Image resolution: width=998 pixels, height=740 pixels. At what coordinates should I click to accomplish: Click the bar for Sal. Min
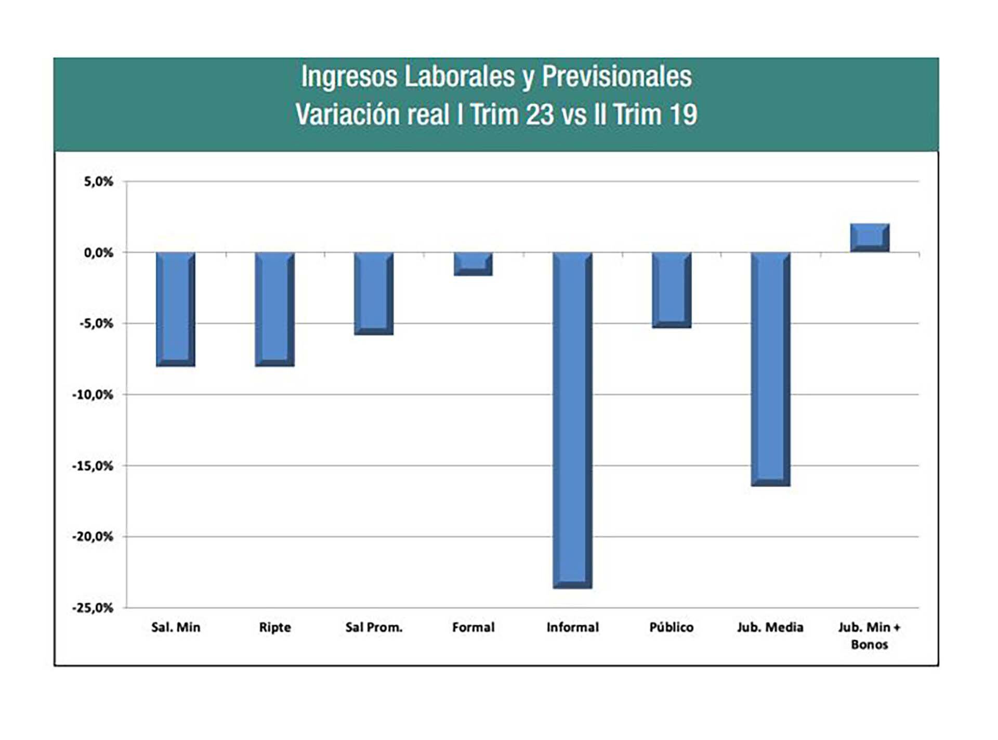click(x=176, y=309)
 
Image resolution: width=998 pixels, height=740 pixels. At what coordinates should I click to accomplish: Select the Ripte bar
click(x=275, y=309)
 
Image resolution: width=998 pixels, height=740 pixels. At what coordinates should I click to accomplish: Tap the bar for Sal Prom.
click(x=374, y=293)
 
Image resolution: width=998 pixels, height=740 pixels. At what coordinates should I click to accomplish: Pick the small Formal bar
click(x=473, y=264)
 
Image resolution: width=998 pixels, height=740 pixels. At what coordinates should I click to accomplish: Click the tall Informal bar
click(x=572, y=420)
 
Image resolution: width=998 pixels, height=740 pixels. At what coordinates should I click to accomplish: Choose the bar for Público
click(x=672, y=290)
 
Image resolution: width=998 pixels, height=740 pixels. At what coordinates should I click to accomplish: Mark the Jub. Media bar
click(x=771, y=369)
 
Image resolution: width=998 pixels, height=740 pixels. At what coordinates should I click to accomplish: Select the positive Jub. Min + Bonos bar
click(x=870, y=238)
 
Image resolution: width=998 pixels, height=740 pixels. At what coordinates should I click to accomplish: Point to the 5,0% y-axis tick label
click(x=99, y=181)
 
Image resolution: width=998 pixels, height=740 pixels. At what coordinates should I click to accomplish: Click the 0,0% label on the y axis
click(x=99, y=253)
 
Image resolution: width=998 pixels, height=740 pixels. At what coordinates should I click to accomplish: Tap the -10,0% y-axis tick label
click(x=93, y=395)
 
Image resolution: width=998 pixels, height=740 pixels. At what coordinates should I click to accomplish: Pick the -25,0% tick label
click(x=93, y=607)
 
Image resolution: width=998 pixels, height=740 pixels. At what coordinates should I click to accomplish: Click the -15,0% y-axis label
click(x=93, y=466)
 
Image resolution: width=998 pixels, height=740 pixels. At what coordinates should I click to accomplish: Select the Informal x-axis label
click(x=572, y=627)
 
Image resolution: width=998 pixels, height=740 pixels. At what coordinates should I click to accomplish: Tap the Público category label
click(x=672, y=627)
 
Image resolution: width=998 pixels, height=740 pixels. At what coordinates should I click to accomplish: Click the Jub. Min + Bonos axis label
click(x=870, y=635)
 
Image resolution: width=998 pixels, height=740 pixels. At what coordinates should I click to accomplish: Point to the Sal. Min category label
click(x=176, y=627)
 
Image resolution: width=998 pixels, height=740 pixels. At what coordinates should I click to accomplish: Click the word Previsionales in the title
click(x=616, y=77)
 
